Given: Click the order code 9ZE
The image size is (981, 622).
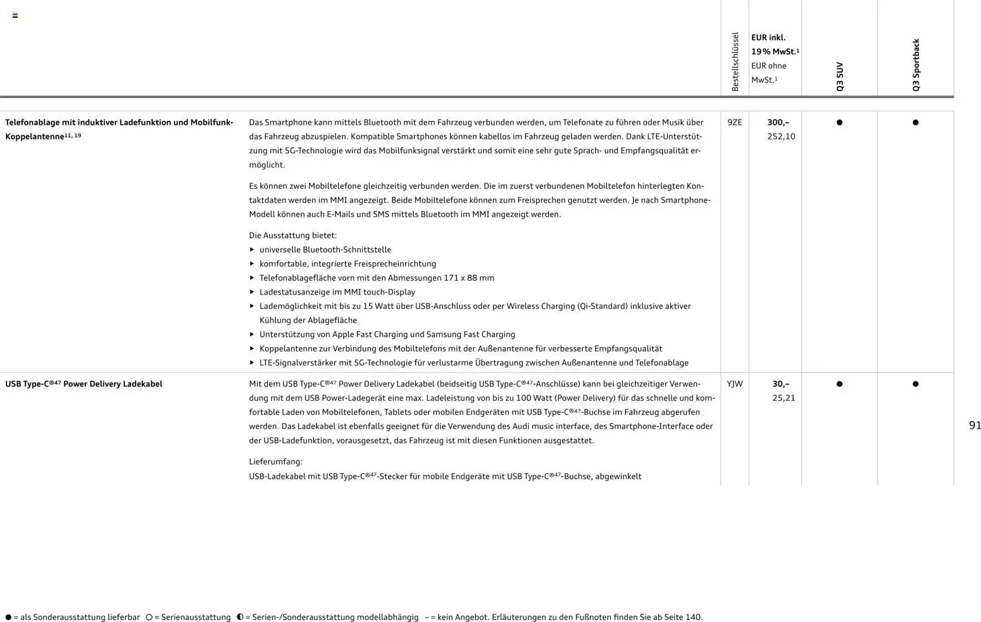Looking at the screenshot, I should pos(734,122).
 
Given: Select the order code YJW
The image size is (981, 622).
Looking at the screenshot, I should pos(734,384).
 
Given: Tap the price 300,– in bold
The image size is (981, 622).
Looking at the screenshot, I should pos(778,122).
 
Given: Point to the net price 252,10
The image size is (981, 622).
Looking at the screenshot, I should pos(781,136).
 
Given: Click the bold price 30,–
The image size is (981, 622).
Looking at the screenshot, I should pos(780,384).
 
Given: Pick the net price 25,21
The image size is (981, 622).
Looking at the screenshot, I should pos(784,398).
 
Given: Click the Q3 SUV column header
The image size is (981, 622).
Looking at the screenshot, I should pos(840,76).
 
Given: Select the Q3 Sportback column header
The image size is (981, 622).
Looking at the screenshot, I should pos(916,65).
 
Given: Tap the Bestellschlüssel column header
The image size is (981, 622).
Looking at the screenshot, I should pos(735,61).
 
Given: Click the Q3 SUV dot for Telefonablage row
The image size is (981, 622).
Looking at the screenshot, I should pos(839,122).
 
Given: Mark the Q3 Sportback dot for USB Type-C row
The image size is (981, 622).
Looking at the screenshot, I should pos(915,384).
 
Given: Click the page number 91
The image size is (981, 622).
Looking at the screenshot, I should pos(975,426).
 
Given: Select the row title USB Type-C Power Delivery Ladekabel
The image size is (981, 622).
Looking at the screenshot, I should pos(84,384).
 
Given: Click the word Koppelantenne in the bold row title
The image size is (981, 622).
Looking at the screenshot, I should pos(34,137).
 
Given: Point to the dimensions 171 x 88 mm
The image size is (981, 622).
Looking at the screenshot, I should pos(469,278).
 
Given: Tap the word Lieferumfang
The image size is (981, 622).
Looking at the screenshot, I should pos(275,462).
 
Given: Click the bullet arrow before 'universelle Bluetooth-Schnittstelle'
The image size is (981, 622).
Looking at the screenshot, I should pos(252,250).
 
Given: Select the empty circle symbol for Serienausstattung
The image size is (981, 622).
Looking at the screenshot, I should pos(149,617).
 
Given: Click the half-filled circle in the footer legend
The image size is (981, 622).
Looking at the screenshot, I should pos(240,617).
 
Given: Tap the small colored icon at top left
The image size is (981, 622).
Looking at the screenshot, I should pos(15,15).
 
